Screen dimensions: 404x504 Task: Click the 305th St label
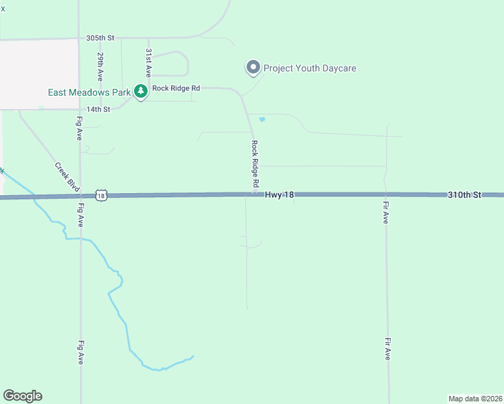(x=102, y=38)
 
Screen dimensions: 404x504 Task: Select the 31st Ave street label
(x=149, y=63)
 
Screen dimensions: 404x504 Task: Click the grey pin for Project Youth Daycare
(x=253, y=67)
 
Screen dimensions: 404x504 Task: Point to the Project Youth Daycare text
(x=309, y=68)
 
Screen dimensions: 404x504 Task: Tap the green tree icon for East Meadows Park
(x=140, y=91)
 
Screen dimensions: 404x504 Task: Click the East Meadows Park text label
(x=89, y=92)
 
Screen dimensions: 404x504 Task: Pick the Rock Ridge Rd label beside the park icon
(x=177, y=88)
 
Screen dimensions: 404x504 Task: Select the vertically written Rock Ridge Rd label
(x=255, y=164)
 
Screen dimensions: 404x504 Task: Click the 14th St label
(x=98, y=109)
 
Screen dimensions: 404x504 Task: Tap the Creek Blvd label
(x=67, y=177)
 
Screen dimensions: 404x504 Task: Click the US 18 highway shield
(x=101, y=195)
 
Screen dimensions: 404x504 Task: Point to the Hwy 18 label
(x=279, y=195)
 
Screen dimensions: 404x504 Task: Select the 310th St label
(x=465, y=195)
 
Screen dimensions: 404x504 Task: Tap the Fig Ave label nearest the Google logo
(x=80, y=351)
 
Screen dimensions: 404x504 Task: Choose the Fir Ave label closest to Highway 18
(x=386, y=211)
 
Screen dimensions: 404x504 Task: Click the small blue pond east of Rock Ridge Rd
(x=261, y=120)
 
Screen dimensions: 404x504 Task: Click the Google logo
(x=22, y=396)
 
